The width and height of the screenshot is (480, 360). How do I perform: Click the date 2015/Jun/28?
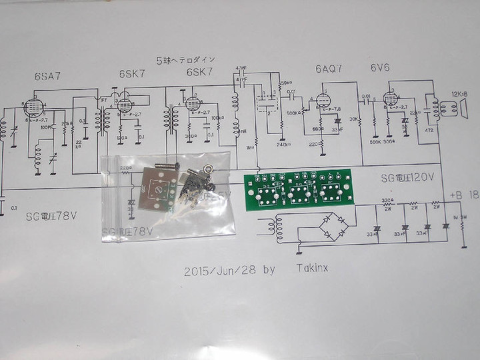[219, 272]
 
